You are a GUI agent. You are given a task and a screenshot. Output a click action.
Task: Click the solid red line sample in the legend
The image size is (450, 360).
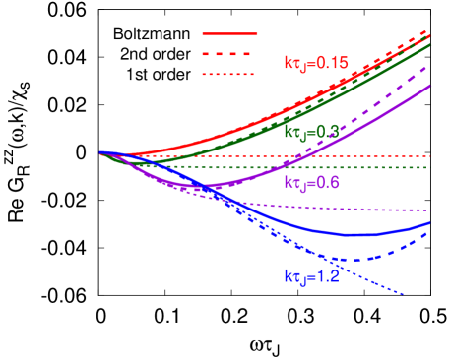[x=229, y=34]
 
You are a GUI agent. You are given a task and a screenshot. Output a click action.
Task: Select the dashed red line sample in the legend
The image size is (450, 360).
[x=229, y=54]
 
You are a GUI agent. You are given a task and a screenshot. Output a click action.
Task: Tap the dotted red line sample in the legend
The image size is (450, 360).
[x=229, y=74]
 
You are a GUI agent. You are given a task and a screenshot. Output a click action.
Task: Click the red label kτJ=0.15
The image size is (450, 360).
[x=316, y=63]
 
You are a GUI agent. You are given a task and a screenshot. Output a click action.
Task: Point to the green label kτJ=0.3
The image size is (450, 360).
[x=311, y=131]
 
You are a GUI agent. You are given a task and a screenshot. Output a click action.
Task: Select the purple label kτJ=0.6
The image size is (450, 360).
[x=311, y=183]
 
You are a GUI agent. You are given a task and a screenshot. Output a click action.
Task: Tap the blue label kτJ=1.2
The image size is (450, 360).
[x=311, y=277]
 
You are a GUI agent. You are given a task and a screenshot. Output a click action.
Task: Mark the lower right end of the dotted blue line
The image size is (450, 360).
[x=404, y=293]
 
